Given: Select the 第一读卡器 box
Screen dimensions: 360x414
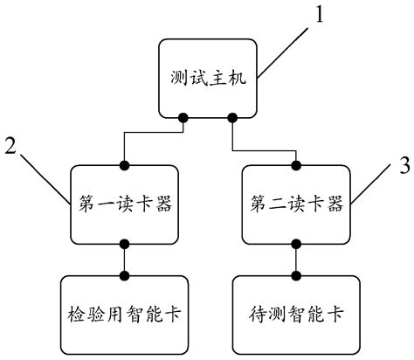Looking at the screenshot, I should (x=124, y=205).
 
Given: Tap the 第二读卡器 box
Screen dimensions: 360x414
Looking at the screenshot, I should (x=296, y=205).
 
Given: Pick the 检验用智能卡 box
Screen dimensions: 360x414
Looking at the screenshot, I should (x=124, y=309).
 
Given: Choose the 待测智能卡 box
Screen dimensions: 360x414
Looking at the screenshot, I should (x=296, y=309).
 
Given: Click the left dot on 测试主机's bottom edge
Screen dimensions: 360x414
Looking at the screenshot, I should (x=183, y=116).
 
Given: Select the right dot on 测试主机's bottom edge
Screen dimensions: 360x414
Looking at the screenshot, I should (x=233, y=116).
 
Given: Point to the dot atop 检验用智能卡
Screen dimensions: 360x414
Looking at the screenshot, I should (x=124, y=275).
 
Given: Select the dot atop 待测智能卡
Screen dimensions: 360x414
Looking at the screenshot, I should (x=296, y=275).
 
